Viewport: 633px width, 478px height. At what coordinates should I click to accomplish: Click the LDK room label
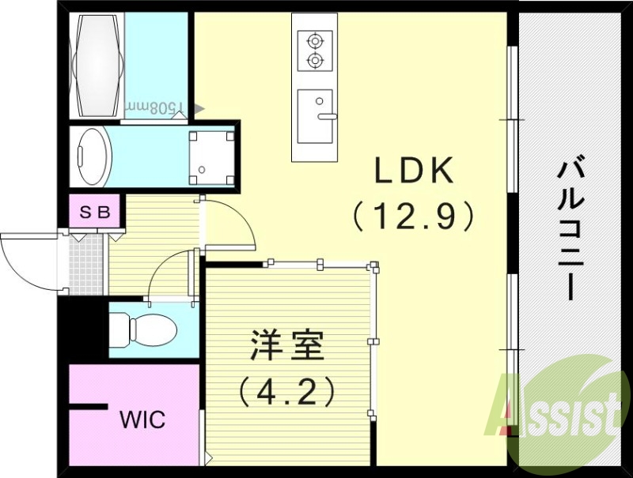coord(413,170)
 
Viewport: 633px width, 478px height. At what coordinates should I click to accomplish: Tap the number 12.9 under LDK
coord(413,216)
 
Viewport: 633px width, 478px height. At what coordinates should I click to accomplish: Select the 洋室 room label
coord(287,345)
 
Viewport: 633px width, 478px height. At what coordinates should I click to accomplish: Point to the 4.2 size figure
coord(287,391)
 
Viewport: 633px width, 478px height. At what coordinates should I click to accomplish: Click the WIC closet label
coord(143,420)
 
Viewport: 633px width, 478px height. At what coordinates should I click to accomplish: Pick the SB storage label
coord(95,212)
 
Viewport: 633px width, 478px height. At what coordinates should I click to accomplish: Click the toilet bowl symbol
coord(144,331)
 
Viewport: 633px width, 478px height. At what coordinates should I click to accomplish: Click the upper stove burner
coord(315,41)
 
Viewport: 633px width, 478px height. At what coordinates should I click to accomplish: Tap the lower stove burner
coord(315,61)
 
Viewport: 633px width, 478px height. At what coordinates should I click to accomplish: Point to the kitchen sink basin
coord(315,116)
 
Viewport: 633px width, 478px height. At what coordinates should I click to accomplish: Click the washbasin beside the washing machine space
coord(93,156)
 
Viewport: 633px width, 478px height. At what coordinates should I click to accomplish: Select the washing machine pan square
coord(211,157)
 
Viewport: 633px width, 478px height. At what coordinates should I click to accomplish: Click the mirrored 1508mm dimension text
coord(155,107)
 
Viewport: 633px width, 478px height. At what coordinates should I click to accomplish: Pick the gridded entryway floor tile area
coord(85,264)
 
